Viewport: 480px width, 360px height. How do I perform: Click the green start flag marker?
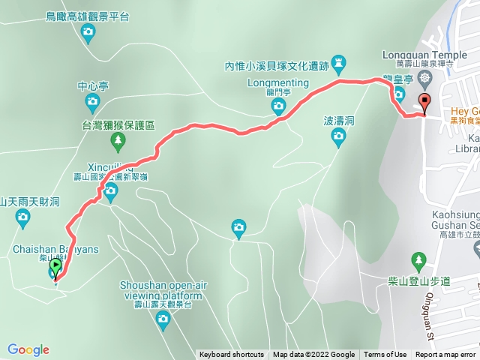pos(55,267)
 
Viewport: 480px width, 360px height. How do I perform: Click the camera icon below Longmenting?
pos(278,110)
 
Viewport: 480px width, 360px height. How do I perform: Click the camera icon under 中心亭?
pos(92,102)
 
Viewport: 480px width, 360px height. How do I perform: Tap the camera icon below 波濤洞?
pos(338,136)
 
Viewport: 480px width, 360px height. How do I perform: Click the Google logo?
pos(28,349)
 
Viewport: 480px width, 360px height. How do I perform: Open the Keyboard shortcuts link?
pos(231,355)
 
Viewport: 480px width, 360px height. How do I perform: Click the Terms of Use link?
pos(385,355)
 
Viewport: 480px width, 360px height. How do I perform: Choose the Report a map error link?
pos(445,355)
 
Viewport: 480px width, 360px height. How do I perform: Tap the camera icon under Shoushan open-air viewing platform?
pos(162,321)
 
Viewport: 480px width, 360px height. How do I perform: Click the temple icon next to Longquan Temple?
pos(426,78)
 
